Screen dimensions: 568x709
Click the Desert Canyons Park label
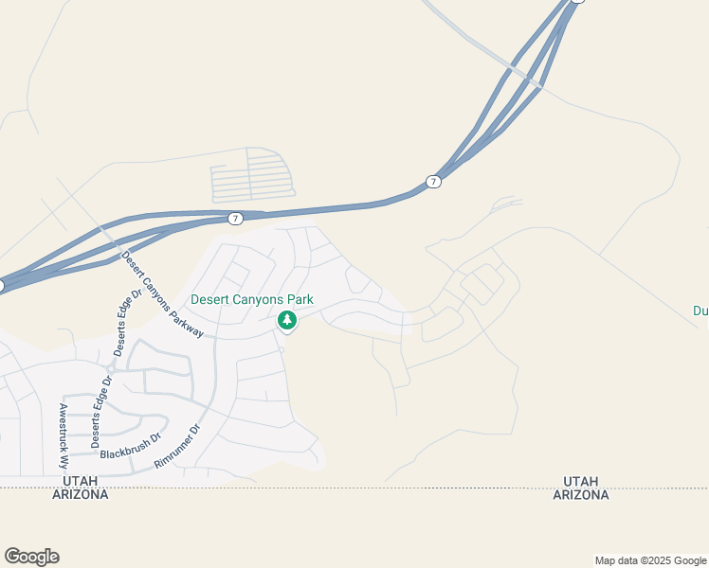[x=252, y=300]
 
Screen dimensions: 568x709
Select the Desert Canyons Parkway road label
[x=162, y=294]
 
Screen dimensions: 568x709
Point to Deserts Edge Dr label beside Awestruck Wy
[x=100, y=412]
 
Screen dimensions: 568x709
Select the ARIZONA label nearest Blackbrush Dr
[x=81, y=495]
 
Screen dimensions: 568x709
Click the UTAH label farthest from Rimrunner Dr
[x=581, y=482]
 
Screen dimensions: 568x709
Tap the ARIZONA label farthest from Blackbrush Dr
[x=581, y=495]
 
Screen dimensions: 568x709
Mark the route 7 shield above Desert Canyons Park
[x=235, y=219]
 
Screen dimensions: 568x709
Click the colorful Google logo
[x=31, y=557]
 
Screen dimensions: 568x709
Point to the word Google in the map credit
[x=684, y=560]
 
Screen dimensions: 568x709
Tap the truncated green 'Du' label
[x=700, y=310]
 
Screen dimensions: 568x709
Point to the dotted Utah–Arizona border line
[x=379, y=488]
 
